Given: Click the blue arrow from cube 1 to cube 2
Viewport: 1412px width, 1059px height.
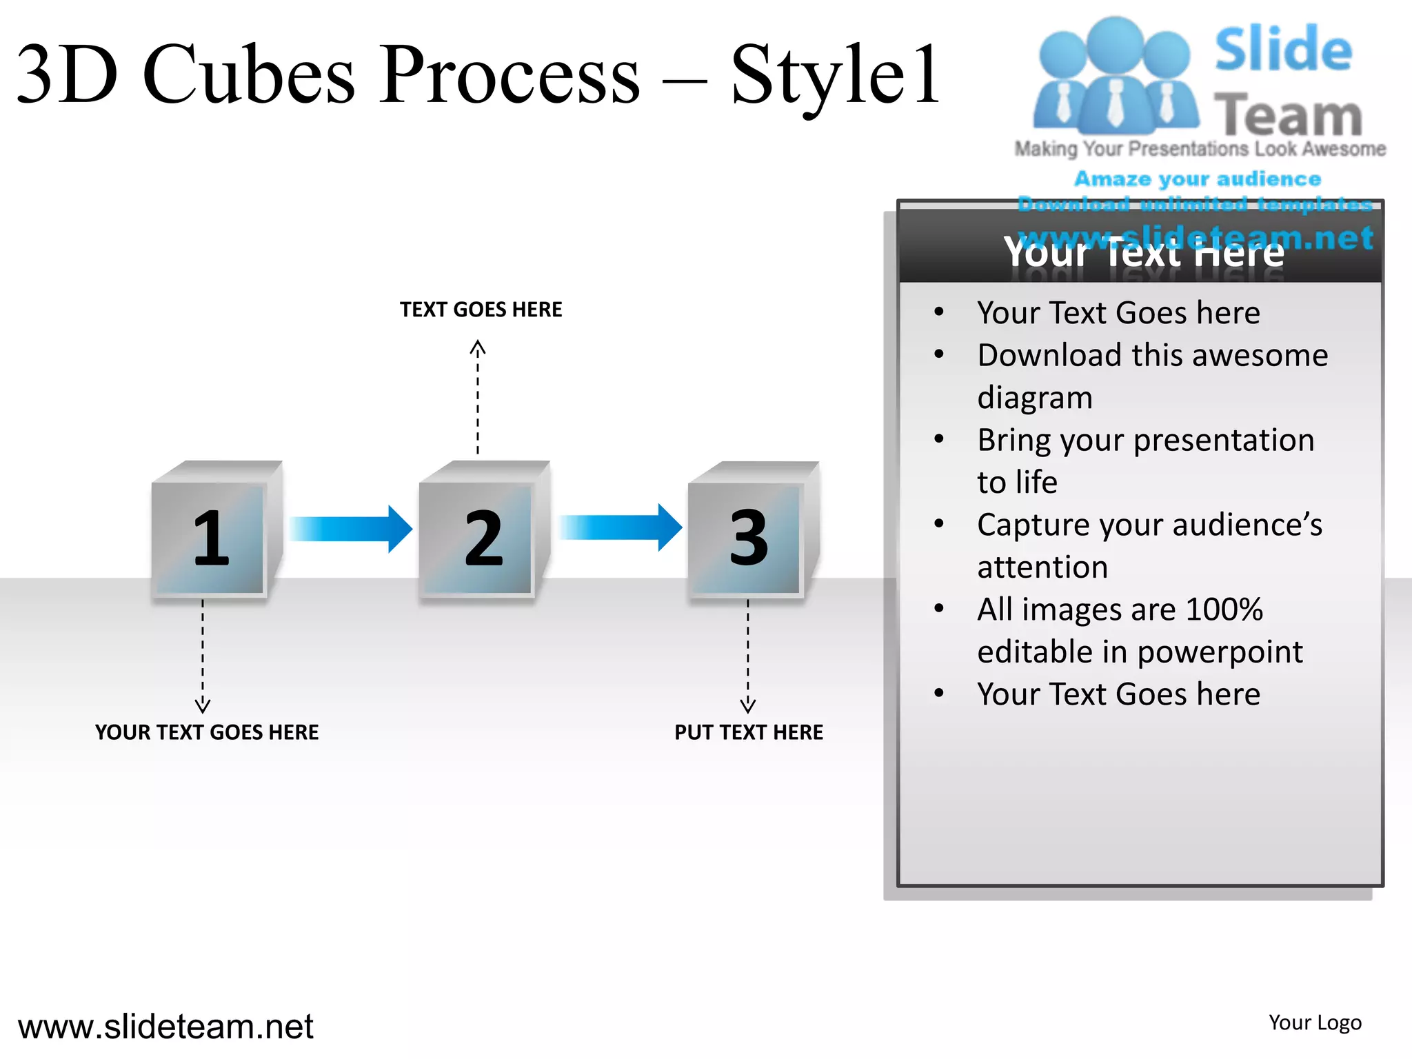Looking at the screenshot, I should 351,529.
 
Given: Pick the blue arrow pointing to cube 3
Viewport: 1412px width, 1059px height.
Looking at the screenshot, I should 621,528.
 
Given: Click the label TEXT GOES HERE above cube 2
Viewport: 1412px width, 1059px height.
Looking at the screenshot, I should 481,310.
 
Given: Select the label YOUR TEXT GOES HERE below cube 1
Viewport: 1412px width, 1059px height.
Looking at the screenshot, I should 207,732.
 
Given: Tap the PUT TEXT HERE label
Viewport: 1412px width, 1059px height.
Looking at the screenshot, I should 749,732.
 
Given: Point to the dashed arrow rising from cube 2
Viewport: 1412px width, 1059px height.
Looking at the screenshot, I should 478,397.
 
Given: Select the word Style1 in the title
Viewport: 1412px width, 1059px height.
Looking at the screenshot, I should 835,76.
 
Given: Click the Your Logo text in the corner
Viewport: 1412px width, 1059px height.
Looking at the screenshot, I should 1315,1022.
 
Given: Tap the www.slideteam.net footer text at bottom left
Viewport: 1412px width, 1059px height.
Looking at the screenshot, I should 165,1027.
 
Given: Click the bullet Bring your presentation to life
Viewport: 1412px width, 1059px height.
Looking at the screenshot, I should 1145,461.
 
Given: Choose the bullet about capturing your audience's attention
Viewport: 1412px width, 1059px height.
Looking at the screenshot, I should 1149,545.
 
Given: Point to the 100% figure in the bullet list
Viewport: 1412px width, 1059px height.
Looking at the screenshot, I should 1224,609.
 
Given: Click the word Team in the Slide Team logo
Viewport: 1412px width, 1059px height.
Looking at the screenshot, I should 1288,115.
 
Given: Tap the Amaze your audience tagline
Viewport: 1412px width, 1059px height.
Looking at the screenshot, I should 1198,179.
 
